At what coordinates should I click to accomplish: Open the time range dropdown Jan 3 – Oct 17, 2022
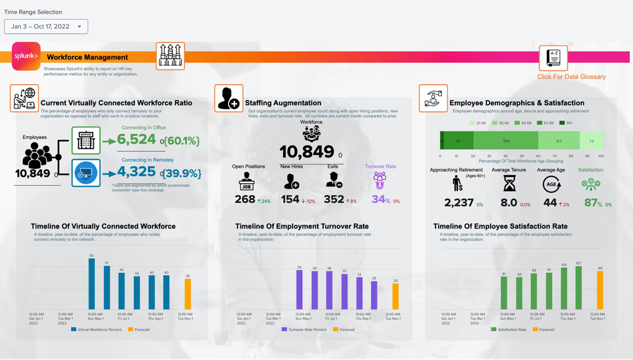[46, 26]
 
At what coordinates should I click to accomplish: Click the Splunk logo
[26, 56]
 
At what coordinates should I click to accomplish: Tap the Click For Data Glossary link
[571, 77]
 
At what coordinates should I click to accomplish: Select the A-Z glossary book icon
[553, 58]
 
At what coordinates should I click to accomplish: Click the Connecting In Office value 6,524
[137, 139]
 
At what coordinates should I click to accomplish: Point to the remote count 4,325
[137, 172]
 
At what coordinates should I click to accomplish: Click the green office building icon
[86, 141]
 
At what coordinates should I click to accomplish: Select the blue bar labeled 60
[91, 284]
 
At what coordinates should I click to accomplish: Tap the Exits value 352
[333, 199]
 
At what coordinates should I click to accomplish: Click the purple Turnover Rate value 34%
[380, 199]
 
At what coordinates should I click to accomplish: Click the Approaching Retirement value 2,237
[459, 202]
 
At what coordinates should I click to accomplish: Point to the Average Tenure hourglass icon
[509, 184]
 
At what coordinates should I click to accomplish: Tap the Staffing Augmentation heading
[283, 103]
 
